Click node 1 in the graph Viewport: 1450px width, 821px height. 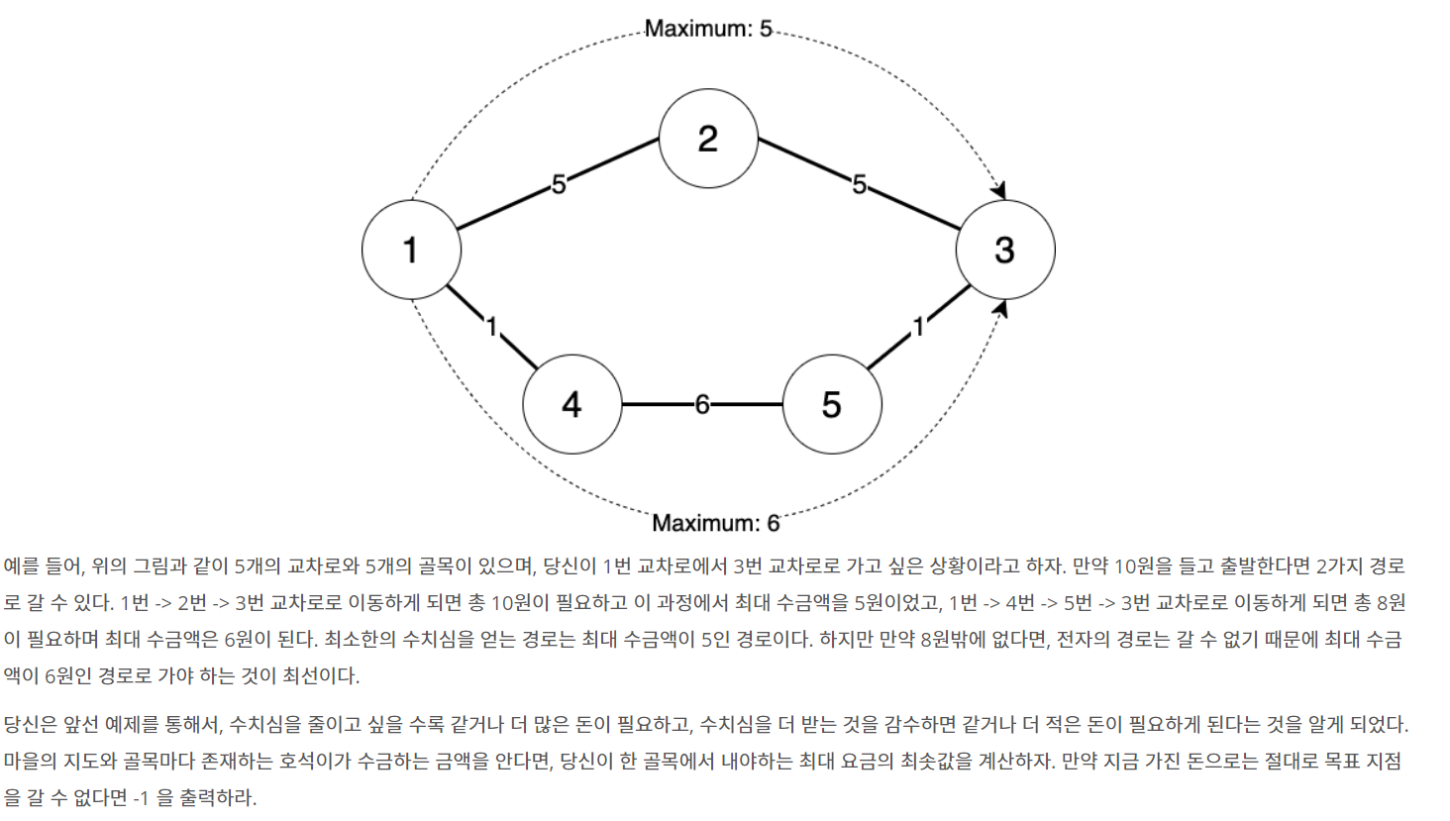coord(411,250)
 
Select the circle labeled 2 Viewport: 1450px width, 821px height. coord(708,139)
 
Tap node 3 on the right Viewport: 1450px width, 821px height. coord(1004,250)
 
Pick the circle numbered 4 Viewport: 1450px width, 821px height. coord(571,404)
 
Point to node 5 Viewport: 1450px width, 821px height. coord(832,404)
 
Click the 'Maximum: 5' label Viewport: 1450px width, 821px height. coord(708,29)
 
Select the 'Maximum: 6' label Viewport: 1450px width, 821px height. coord(715,523)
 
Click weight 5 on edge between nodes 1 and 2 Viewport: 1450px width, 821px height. coord(559,184)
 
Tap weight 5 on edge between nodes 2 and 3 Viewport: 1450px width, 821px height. coord(859,184)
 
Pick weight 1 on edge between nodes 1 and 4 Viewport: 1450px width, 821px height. coord(491,326)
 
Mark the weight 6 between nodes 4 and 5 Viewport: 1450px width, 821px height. coord(701,404)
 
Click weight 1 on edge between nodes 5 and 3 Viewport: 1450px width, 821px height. coord(919,327)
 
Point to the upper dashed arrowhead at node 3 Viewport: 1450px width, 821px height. coord(999,190)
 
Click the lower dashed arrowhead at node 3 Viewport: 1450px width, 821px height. coord(1001,309)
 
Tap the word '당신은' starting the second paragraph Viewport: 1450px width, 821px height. coord(30,725)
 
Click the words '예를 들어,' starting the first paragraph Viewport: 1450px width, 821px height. coord(44,566)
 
